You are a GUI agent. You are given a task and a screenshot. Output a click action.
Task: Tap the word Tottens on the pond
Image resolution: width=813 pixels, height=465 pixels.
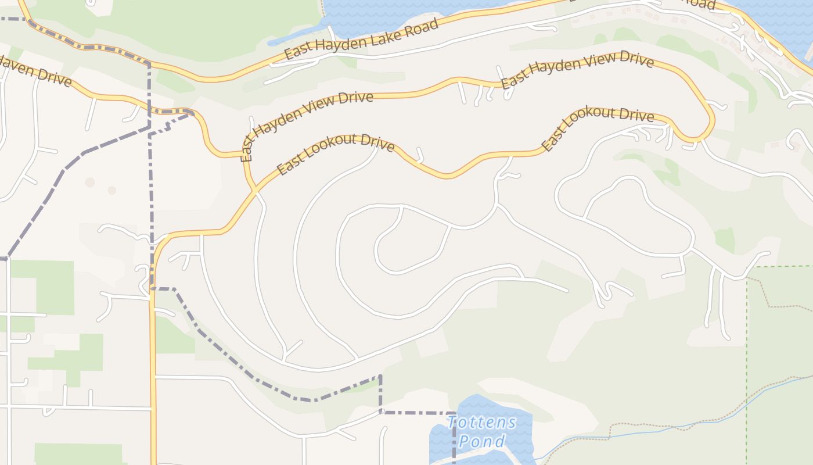click(x=481, y=422)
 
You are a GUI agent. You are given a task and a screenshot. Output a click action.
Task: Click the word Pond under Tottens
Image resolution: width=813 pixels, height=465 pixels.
click(x=481, y=441)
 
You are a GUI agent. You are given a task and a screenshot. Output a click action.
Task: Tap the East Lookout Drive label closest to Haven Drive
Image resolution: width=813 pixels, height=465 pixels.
click(x=336, y=155)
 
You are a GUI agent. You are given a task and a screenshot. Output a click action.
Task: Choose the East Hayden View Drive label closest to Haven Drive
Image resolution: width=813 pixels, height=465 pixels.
click(x=307, y=124)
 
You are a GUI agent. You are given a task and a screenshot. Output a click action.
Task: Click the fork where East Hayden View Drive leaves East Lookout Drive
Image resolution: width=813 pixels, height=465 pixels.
click(x=253, y=189)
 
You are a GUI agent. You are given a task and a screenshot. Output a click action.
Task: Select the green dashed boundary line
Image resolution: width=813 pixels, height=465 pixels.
click(x=747, y=349)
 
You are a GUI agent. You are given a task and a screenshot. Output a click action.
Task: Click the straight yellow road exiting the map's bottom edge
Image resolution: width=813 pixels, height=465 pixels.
click(x=153, y=407)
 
